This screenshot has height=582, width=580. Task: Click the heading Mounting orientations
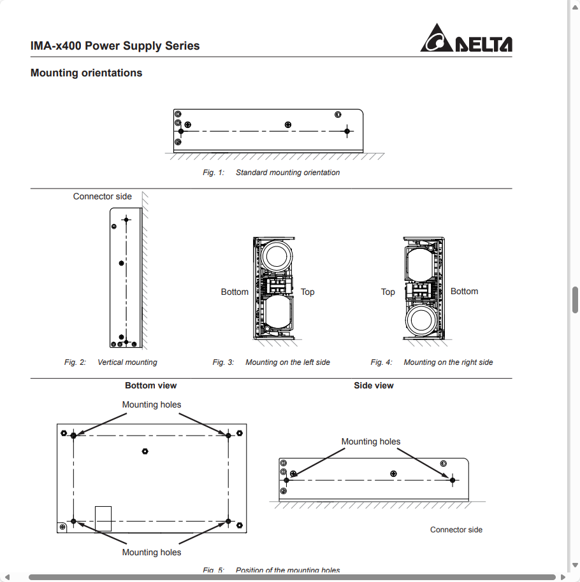(86, 73)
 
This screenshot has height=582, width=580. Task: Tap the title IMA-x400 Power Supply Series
(115, 46)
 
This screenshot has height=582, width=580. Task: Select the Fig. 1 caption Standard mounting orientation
(287, 173)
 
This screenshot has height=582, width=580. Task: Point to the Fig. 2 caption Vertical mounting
(127, 362)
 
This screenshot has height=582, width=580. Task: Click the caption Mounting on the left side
(287, 362)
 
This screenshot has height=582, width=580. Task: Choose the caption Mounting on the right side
(448, 362)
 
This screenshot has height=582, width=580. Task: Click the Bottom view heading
(150, 386)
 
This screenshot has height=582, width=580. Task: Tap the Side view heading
(373, 386)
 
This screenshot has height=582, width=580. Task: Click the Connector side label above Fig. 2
(102, 197)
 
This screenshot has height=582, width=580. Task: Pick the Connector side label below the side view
(456, 530)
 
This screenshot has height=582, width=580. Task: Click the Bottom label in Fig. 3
(235, 292)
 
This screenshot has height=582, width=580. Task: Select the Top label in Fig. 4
(388, 292)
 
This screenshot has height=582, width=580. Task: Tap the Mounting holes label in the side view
(370, 442)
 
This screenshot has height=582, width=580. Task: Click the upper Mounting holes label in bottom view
(151, 405)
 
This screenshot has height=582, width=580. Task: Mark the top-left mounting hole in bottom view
(74, 435)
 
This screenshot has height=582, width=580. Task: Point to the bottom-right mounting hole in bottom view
(228, 522)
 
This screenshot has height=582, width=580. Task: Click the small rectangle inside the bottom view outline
(103, 518)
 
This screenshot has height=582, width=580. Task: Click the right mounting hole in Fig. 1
(347, 132)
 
